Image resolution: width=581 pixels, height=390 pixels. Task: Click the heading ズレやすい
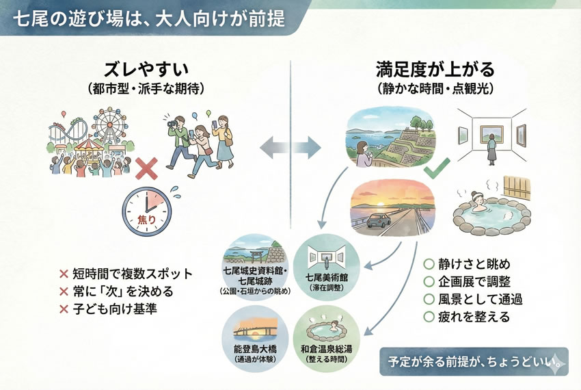pyautogui.click(x=146, y=70)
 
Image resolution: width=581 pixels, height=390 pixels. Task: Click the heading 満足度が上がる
pyautogui.click(x=435, y=70)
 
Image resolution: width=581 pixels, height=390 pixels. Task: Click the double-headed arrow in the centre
pyautogui.click(x=290, y=146)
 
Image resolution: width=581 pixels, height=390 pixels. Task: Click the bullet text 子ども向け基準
pyautogui.click(x=113, y=309)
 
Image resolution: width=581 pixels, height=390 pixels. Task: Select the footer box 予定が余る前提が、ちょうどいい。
pyautogui.click(x=474, y=362)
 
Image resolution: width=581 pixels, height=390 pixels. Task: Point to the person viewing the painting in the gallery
pyautogui.click(x=490, y=146)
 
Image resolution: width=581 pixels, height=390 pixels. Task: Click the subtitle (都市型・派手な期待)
pyautogui.click(x=146, y=89)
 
